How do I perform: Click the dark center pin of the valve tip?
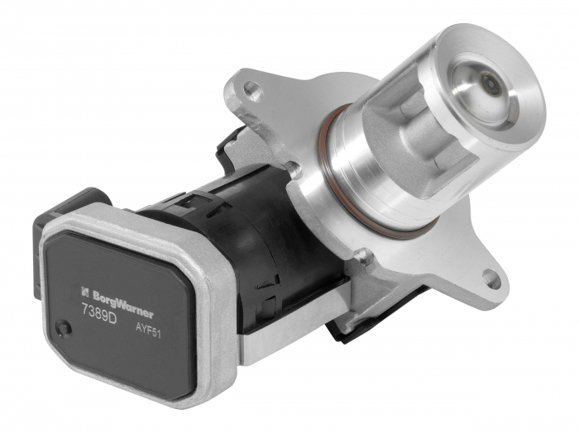click(487, 84)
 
